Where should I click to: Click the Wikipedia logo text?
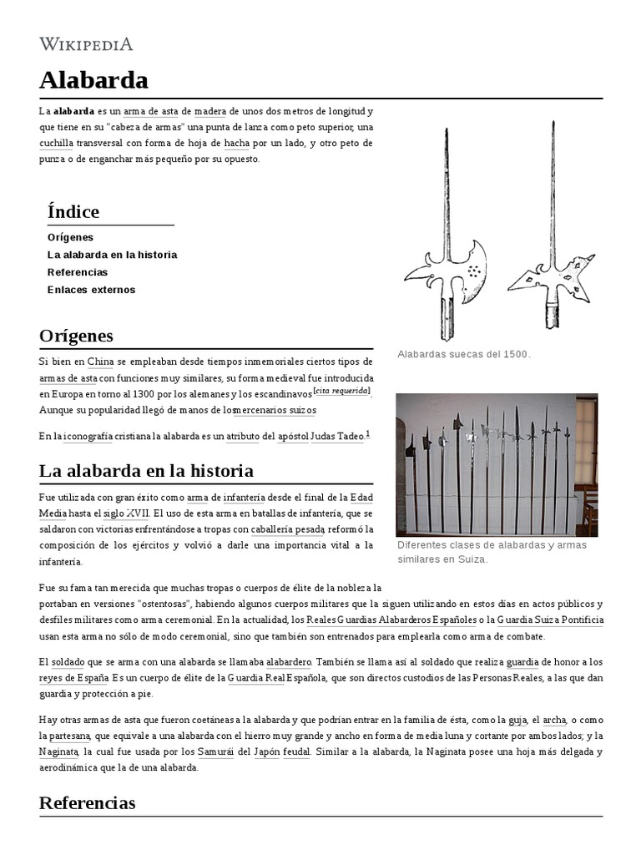coord(86,44)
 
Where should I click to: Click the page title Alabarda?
coord(93,80)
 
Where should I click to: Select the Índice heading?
coord(73,211)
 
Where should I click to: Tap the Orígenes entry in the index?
coord(70,237)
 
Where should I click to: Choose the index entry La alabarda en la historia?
coord(112,255)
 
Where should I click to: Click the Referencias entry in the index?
coord(78,272)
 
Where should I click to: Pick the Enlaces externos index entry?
coord(91,290)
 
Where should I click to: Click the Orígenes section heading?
coord(76,336)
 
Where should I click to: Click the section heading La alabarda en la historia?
coord(146,470)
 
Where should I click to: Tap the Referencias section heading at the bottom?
coord(87,802)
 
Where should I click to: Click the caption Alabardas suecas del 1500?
coord(464,354)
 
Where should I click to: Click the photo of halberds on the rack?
coord(496,464)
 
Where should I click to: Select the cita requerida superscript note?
coord(341,392)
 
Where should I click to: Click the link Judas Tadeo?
coord(337,437)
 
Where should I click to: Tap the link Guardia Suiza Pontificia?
coord(550,620)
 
